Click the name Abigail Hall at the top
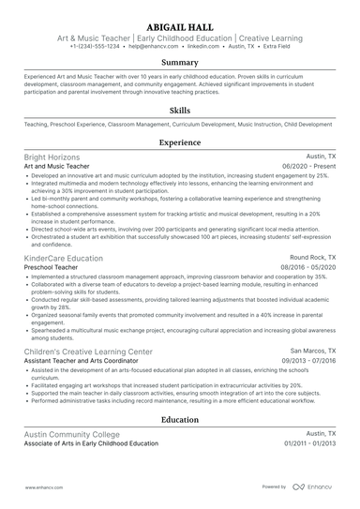[x=180, y=26]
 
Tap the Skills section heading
[x=180, y=110]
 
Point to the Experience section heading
[x=180, y=142]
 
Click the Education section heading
[x=180, y=420]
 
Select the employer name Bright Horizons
[x=52, y=157]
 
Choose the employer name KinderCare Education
[x=64, y=258]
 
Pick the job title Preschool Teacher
[x=54, y=267]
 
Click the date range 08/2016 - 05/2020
[x=303, y=267]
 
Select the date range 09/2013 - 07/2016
[x=303, y=360]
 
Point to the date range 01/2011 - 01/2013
[x=304, y=443]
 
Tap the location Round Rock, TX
[x=310, y=258]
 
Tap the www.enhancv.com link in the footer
[x=44, y=487]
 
